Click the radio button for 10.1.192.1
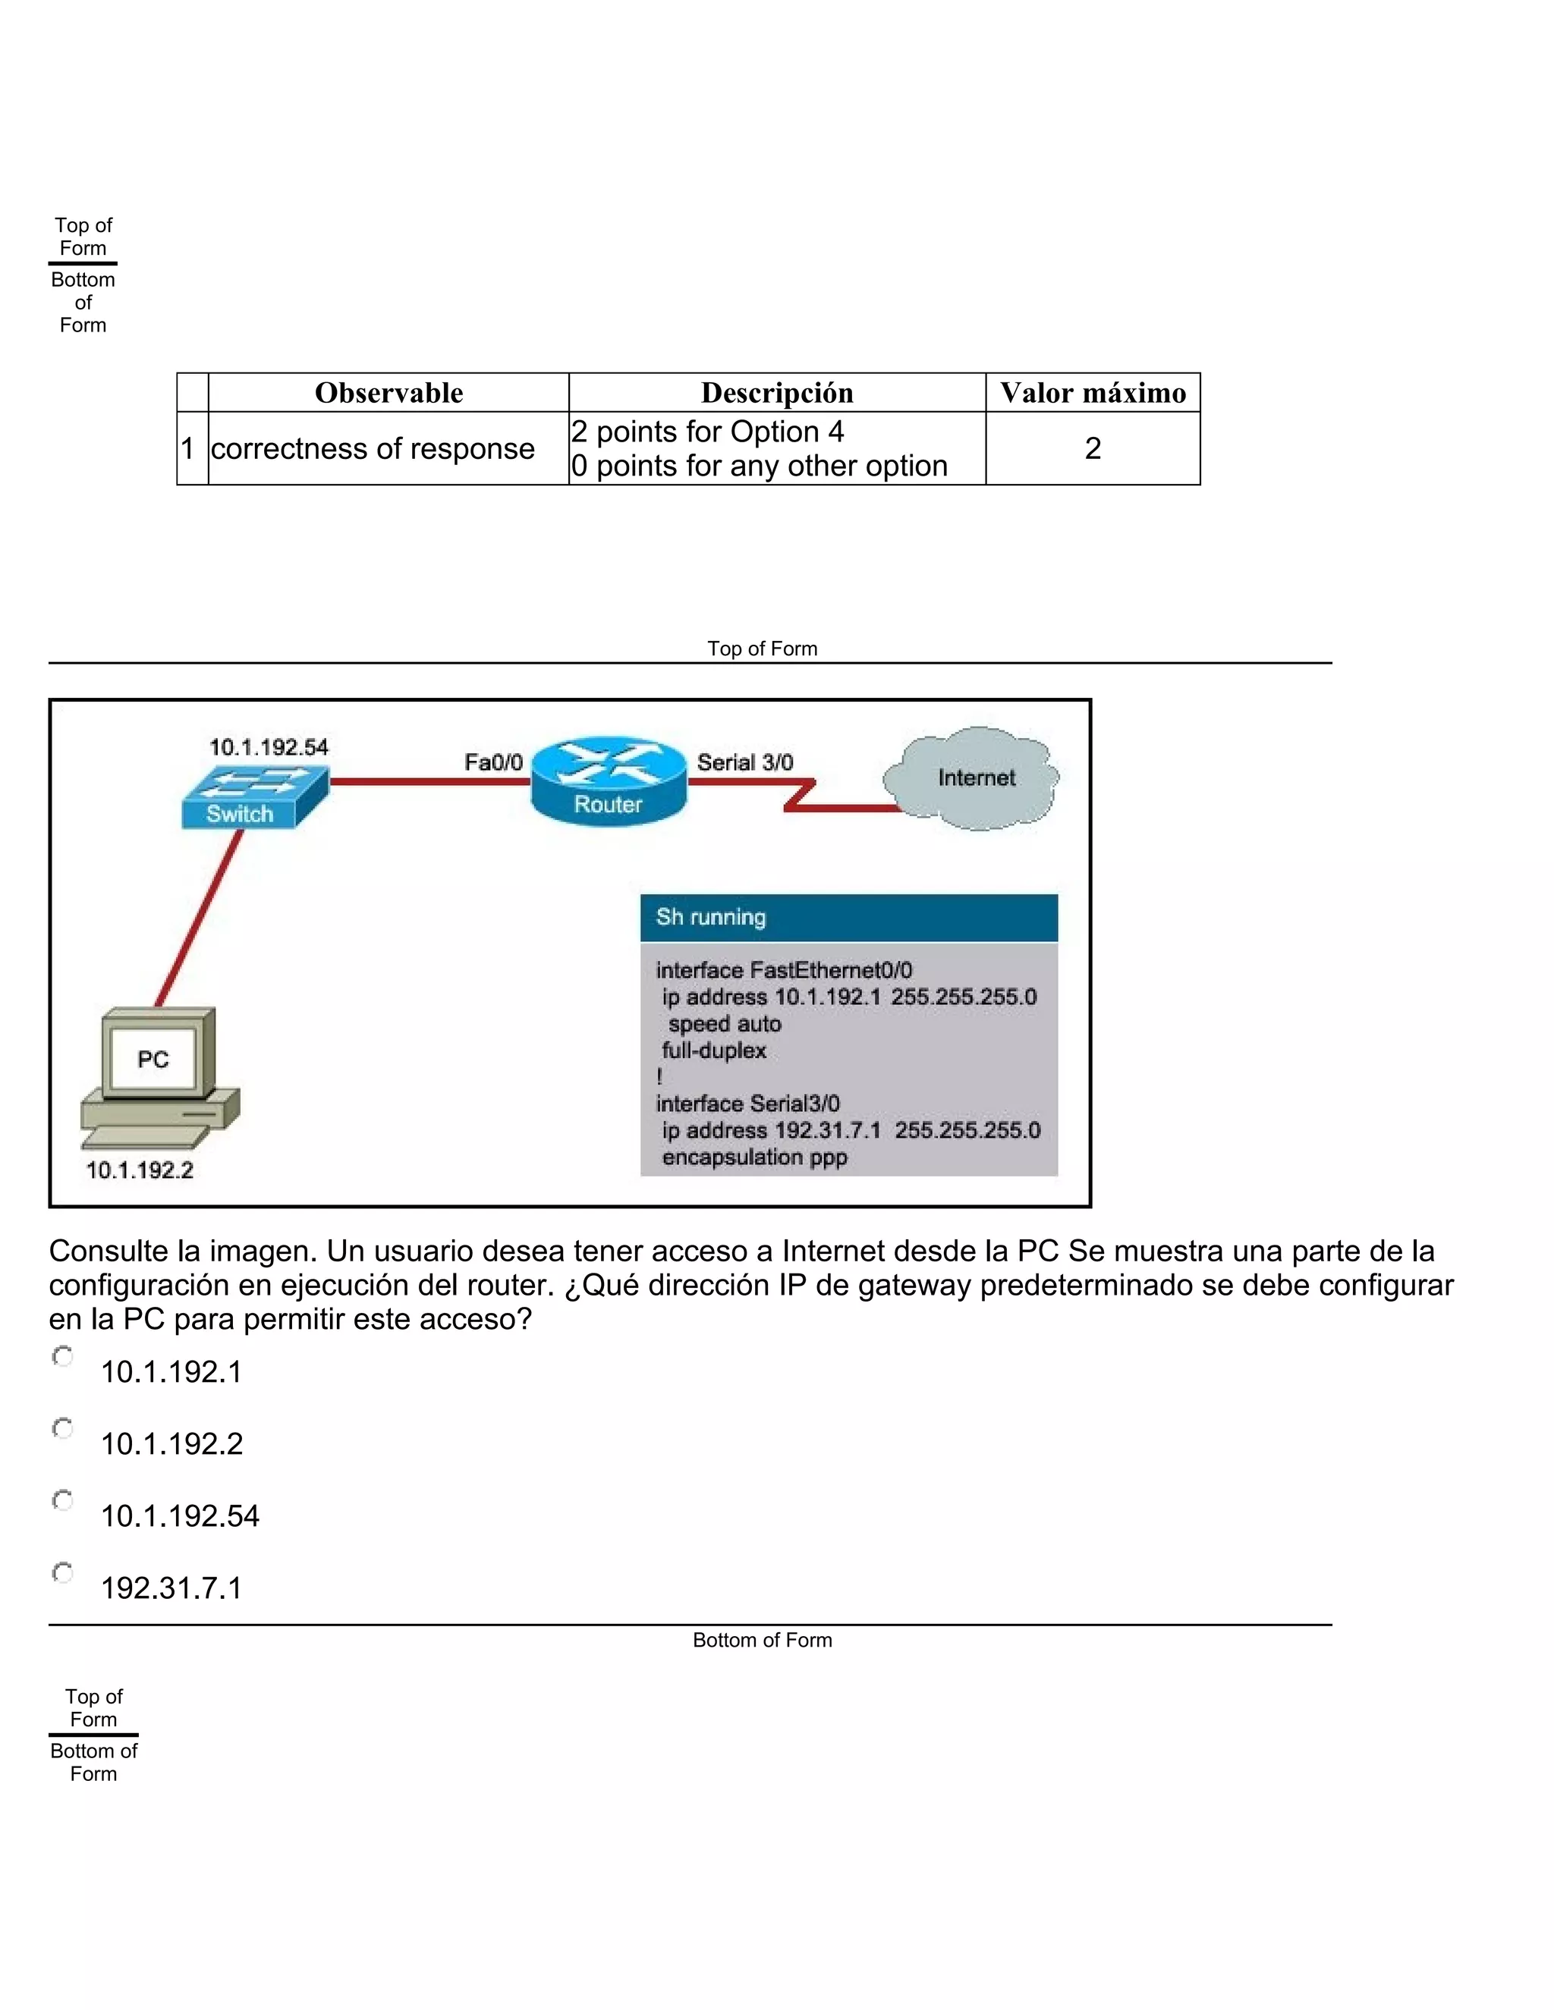[63, 1357]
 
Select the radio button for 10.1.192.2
[63, 1428]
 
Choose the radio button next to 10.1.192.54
[63, 1501]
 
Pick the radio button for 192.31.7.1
[63, 1573]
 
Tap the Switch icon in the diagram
[253, 797]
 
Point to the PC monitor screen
[153, 1058]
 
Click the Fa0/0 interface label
[493, 762]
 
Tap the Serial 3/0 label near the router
[745, 762]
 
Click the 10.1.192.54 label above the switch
[268, 747]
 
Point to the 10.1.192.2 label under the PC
[140, 1170]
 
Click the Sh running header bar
[848, 918]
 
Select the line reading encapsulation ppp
[754, 1157]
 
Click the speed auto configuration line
[725, 1023]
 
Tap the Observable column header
[388, 393]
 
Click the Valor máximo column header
[1093, 393]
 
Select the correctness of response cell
[373, 448]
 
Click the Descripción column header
[777, 393]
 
